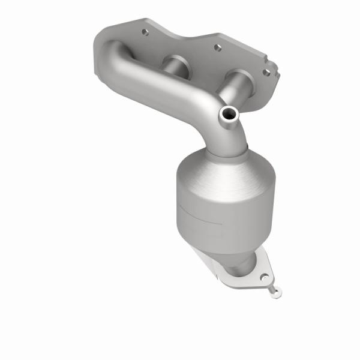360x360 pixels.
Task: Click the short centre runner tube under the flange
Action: [175, 64]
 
